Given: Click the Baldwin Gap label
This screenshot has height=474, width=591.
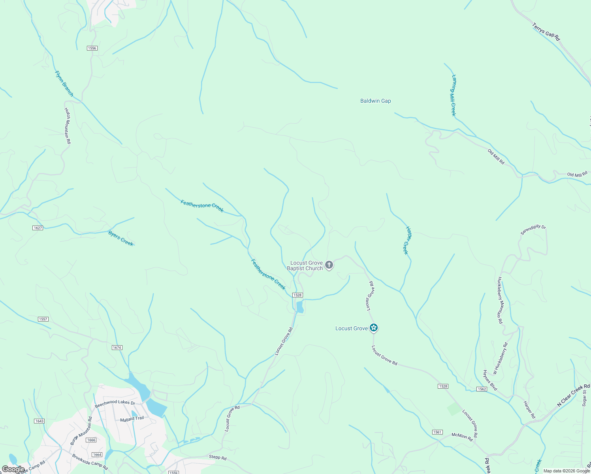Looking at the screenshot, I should pyautogui.click(x=375, y=101).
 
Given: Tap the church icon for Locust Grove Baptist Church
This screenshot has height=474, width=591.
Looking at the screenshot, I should pyautogui.click(x=329, y=265).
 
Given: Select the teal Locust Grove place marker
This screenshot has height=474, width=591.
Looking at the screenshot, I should pyautogui.click(x=374, y=328).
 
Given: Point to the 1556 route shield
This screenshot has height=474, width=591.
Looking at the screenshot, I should pyautogui.click(x=92, y=48).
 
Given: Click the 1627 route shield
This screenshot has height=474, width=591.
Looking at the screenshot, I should pyautogui.click(x=38, y=228).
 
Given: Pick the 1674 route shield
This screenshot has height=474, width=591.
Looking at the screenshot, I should pyautogui.click(x=117, y=348).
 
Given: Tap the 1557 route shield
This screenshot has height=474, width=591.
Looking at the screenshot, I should pyautogui.click(x=43, y=319).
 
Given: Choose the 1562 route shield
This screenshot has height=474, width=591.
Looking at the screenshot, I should pyautogui.click(x=482, y=389).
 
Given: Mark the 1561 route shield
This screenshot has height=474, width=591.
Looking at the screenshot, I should pyautogui.click(x=437, y=432).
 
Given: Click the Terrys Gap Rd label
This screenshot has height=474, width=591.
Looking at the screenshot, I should pyautogui.click(x=546, y=32).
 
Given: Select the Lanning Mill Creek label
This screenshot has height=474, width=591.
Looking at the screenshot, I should pyautogui.click(x=454, y=95).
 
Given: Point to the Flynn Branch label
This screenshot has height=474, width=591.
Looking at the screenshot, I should pyautogui.click(x=64, y=84).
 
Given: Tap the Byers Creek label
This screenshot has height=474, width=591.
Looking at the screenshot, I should pyautogui.click(x=121, y=239).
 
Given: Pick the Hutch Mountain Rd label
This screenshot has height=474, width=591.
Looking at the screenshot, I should pyautogui.click(x=68, y=126).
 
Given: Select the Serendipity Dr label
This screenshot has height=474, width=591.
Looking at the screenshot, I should pyautogui.click(x=533, y=230).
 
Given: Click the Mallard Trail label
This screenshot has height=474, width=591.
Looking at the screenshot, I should pyautogui.click(x=132, y=419).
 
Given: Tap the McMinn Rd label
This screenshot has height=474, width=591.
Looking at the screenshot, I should pyautogui.click(x=462, y=437).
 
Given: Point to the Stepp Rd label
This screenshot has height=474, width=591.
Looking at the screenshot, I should pyautogui.click(x=218, y=458).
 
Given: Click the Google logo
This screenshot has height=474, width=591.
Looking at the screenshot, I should pyautogui.click(x=13, y=469).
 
